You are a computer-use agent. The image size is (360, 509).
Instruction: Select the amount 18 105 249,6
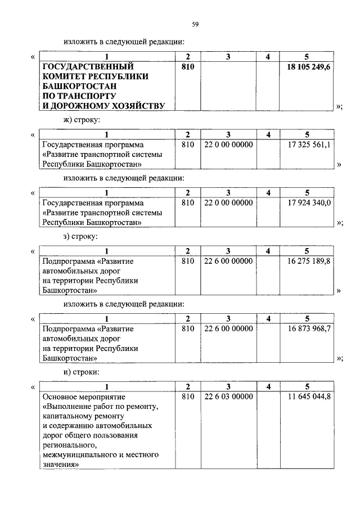[309, 66]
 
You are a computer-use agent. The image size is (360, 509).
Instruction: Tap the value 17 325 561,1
[309, 145]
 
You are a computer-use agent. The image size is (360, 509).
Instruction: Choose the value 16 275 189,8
[309, 262]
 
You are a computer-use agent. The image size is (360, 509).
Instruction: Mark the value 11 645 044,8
[309, 397]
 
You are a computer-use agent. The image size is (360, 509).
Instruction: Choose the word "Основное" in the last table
[59, 397]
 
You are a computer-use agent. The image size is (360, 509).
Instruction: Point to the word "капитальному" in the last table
[67, 416]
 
